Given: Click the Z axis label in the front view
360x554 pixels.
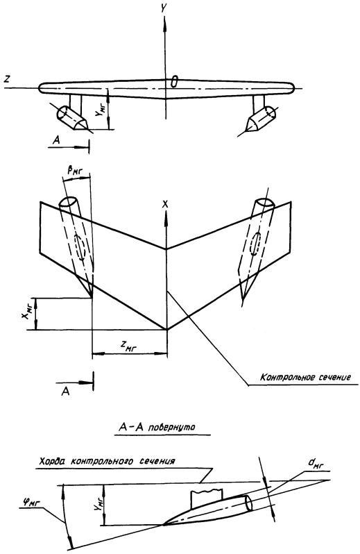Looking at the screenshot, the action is pyautogui.click(x=7, y=80).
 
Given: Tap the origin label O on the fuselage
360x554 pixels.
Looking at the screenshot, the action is pyautogui.click(x=173, y=82).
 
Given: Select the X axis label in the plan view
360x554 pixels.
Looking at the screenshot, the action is pyautogui.click(x=165, y=203).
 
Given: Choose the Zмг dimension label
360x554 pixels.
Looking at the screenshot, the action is pyautogui.click(x=126, y=347).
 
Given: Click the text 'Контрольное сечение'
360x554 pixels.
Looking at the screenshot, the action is pyautogui.click(x=306, y=377).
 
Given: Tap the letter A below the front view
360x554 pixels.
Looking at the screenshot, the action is pyautogui.click(x=56, y=141).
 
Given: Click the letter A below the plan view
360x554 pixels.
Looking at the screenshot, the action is pyautogui.click(x=66, y=392).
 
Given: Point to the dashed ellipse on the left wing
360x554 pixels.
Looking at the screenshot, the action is pyautogui.click(x=80, y=247).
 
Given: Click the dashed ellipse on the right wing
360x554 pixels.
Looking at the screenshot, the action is pyautogui.click(x=255, y=243).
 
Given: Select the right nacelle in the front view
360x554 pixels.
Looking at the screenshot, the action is pyautogui.click(x=262, y=119).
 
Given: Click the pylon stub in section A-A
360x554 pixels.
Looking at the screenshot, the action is pyautogui.click(x=206, y=498).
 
